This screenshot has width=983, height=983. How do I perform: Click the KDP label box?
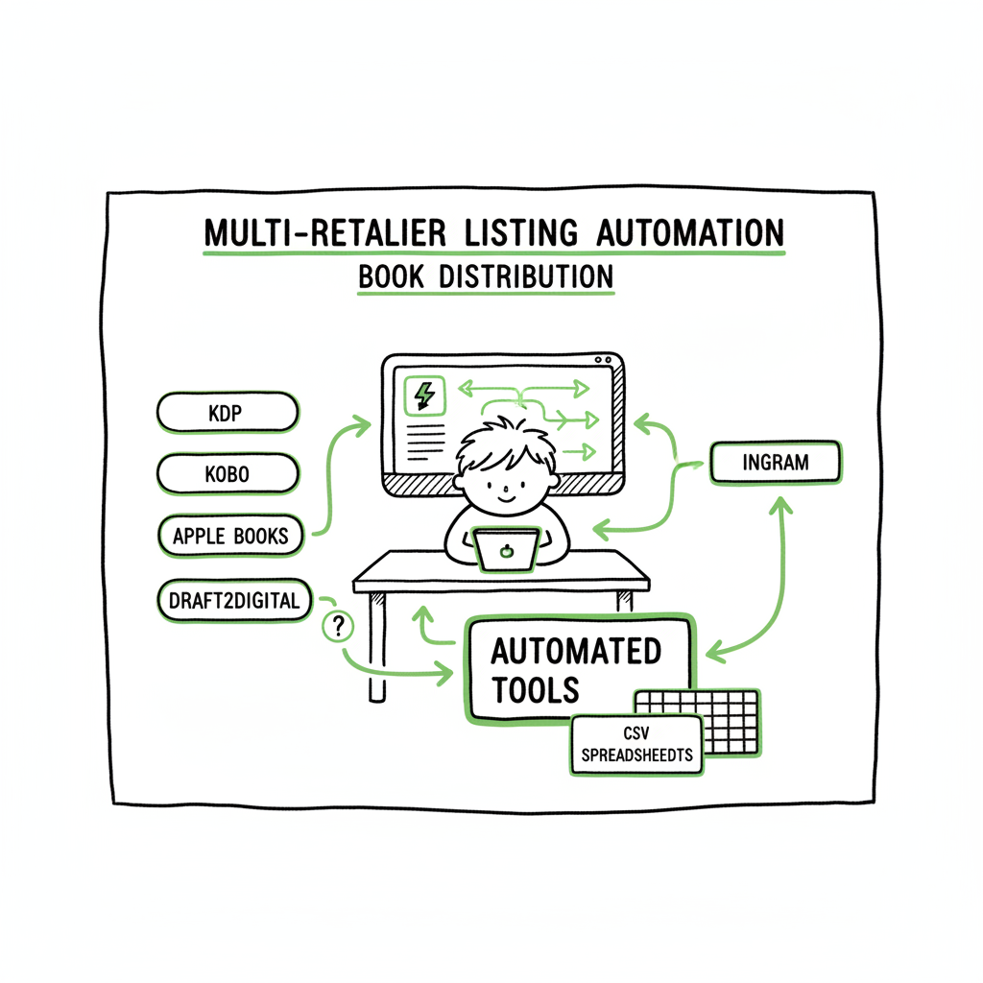[227, 413]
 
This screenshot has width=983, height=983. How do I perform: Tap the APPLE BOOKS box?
[230, 536]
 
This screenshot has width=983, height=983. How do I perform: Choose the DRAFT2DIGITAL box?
[234, 601]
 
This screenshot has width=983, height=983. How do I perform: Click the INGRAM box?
[775, 463]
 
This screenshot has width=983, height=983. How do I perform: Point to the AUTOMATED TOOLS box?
[576, 669]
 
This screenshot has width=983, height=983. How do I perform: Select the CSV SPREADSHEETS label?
[636, 746]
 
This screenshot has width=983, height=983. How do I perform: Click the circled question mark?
[337, 627]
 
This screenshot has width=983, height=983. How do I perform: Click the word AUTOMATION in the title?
[689, 232]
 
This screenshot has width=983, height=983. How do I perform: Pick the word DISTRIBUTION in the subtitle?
[525, 276]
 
